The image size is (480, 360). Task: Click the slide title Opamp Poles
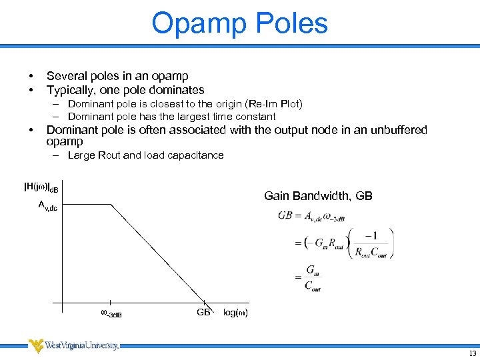tap(239, 23)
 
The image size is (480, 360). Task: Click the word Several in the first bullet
tap(66, 76)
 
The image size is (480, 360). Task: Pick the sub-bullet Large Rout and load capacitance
tap(145, 155)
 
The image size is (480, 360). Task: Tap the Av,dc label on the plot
tap(47, 206)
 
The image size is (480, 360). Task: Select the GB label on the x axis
tap(203, 312)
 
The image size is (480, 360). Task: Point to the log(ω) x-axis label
tap(235, 313)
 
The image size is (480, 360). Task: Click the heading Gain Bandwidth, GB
tap(318, 195)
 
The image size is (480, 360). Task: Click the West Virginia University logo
tap(73, 345)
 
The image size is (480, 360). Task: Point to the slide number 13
tap(473, 353)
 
